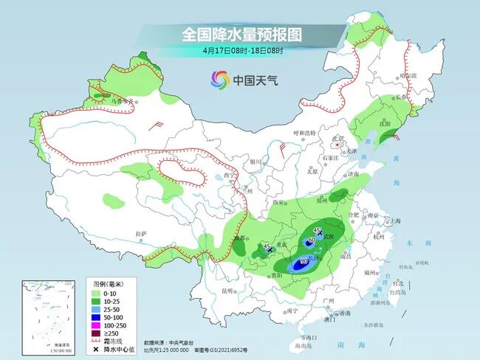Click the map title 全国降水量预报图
coord(242,34)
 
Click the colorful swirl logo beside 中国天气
coord(219,79)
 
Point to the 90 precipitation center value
coord(304,261)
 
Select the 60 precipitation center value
coord(312,240)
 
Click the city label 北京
coord(338,139)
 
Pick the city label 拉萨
coord(142,234)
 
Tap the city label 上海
coord(396,221)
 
